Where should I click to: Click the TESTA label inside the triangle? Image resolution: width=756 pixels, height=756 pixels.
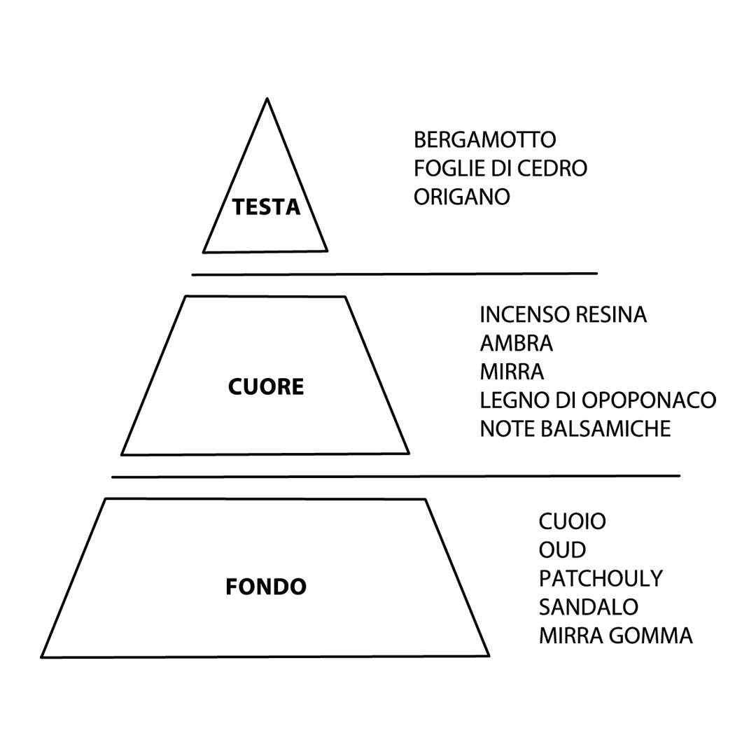[266, 207]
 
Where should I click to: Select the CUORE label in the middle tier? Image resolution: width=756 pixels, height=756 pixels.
[266, 386]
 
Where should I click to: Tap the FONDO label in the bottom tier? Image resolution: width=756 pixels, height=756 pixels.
[266, 587]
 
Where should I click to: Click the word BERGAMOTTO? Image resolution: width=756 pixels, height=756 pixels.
[484, 140]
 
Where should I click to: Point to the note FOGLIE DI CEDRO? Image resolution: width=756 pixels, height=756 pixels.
[500, 169]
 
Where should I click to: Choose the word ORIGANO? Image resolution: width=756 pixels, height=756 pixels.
[461, 197]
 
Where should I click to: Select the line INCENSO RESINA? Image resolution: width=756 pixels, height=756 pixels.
[563, 315]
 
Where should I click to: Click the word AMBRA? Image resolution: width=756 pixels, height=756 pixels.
[516, 344]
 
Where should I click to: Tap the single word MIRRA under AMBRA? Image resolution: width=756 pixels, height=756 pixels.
[512, 372]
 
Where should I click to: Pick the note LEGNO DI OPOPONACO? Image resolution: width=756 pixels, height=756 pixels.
[598, 400]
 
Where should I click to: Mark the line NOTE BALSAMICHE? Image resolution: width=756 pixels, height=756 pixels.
[575, 428]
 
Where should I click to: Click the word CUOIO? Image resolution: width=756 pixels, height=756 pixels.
[572, 521]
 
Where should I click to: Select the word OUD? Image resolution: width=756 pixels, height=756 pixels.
[562, 550]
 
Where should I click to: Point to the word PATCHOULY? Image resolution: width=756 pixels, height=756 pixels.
[600, 579]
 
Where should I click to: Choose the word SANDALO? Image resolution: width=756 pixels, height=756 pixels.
[588, 607]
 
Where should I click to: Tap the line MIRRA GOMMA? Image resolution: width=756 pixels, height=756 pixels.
[615, 636]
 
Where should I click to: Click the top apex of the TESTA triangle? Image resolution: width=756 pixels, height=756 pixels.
[267, 99]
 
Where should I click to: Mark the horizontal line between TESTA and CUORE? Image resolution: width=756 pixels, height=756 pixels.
[394, 274]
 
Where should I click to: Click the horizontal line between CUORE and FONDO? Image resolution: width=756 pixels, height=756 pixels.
[395, 477]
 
